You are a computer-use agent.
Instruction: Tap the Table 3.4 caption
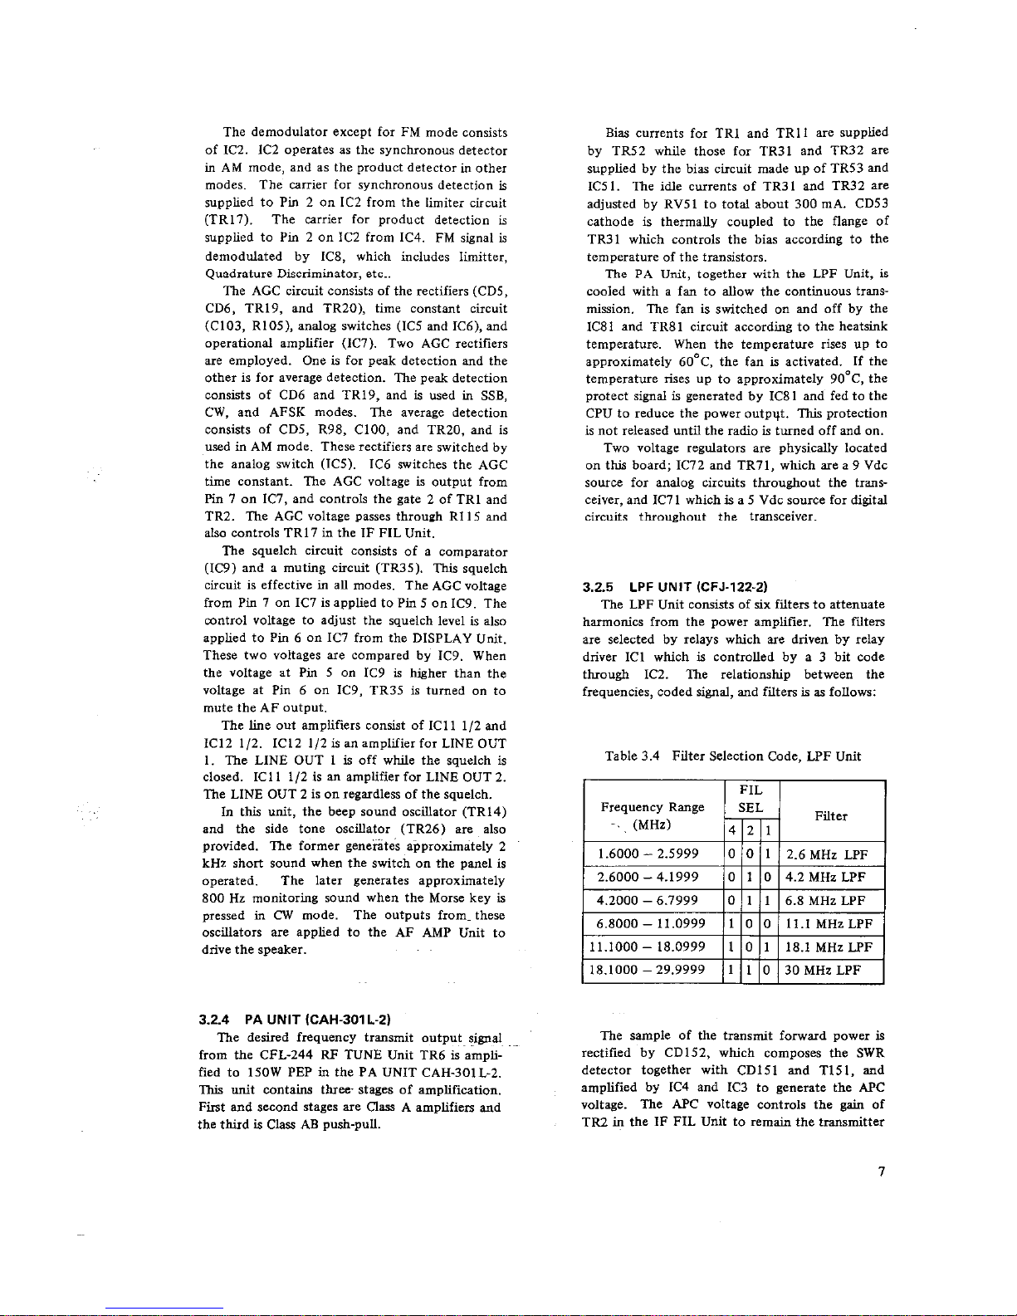(x=733, y=756)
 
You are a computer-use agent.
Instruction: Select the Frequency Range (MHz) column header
(x=653, y=815)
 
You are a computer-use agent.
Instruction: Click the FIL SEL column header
(x=751, y=799)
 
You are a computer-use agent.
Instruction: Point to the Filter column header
(x=830, y=816)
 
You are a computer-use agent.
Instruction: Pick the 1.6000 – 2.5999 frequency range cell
(x=653, y=854)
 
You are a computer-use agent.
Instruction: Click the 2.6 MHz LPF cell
(x=826, y=854)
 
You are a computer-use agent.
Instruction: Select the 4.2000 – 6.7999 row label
(x=653, y=900)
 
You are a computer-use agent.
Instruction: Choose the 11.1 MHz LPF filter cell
(x=829, y=923)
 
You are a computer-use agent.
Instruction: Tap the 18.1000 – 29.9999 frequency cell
(x=653, y=970)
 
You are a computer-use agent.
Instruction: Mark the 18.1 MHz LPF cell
(x=829, y=947)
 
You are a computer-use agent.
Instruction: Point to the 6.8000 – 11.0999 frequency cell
(x=653, y=923)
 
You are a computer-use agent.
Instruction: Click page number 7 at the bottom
(x=883, y=1172)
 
